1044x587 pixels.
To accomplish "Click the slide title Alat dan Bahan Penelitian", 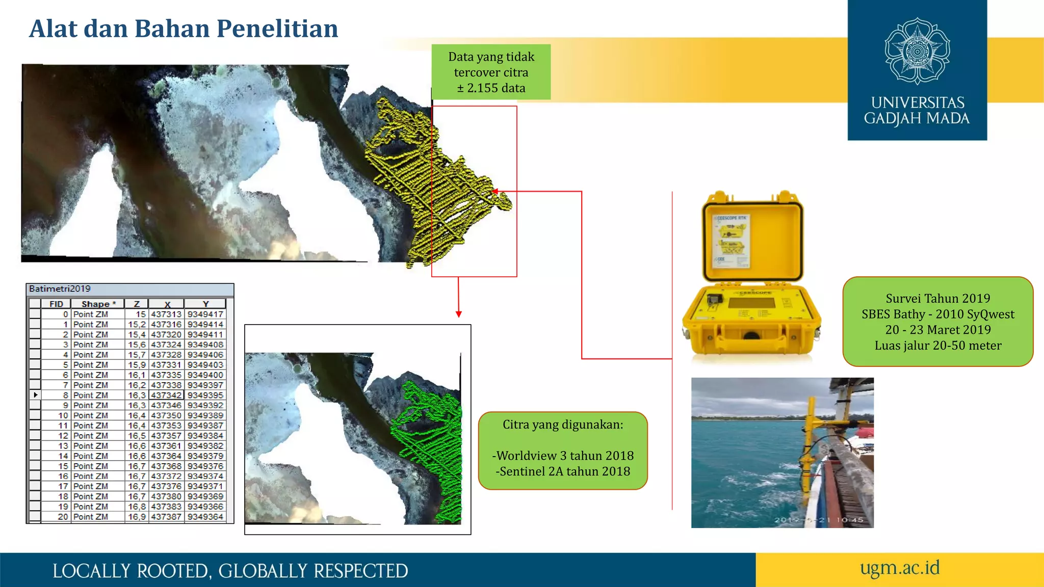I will (x=184, y=29).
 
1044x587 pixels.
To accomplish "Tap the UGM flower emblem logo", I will (x=917, y=51).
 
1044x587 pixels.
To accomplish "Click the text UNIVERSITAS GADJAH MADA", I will (x=917, y=111).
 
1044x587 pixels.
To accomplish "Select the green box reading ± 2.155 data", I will (x=491, y=72).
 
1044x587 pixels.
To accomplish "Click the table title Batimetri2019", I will (x=60, y=289).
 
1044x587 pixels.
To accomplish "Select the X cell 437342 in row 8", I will (x=166, y=395).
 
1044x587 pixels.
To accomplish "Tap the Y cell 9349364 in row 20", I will (x=205, y=517).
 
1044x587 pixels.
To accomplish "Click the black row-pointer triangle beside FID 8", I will (x=36, y=395).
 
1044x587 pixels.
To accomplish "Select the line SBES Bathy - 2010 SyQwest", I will (x=938, y=314).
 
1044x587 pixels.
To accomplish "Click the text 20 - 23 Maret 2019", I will (x=938, y=330).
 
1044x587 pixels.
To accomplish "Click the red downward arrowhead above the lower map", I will (x=459, y=314).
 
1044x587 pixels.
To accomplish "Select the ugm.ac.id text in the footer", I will (x=900, y=568).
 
